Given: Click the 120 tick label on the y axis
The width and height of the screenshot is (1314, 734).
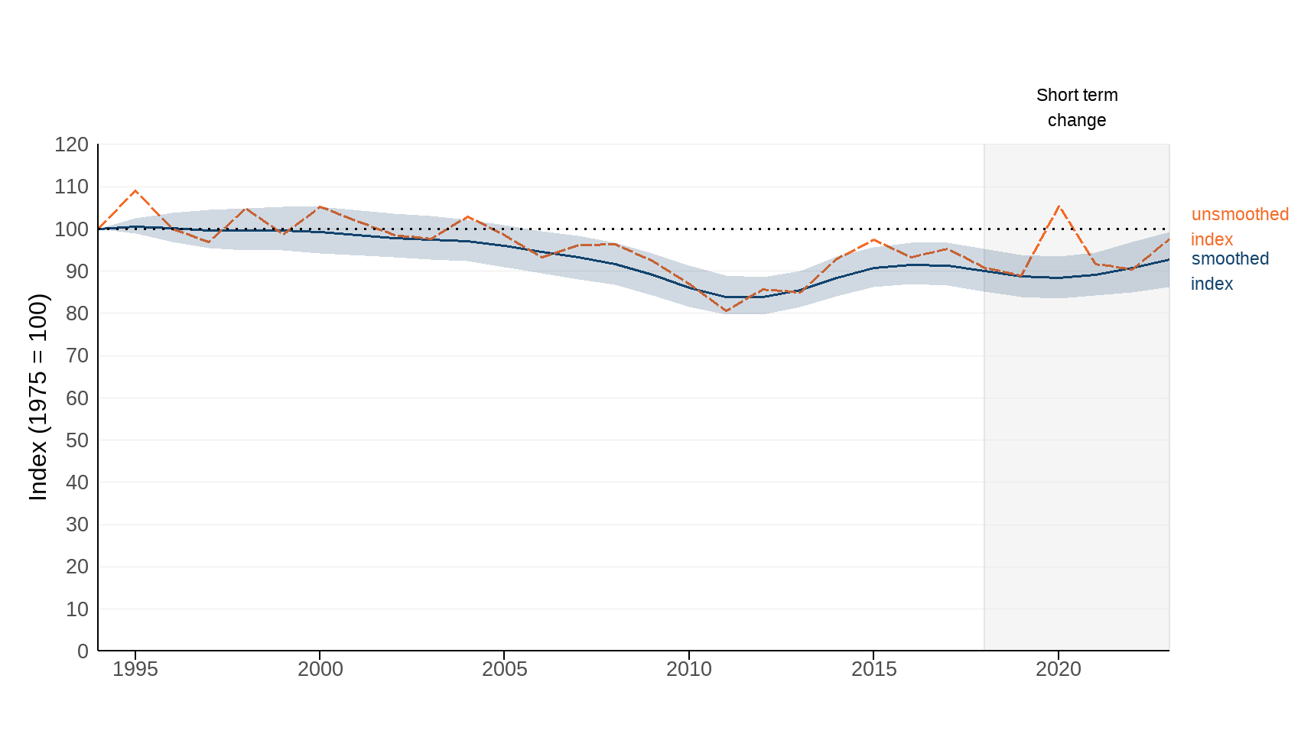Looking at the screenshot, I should (x=71, y=145).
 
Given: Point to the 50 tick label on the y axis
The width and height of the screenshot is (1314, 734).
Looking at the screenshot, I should (x=76, y=440).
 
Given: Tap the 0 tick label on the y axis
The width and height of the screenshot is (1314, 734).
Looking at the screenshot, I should (x=83, y=651).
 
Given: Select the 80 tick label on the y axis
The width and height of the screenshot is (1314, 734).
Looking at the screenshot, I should (x=76, y=313).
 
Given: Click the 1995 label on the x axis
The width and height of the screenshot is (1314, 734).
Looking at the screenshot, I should (x=135, y=669).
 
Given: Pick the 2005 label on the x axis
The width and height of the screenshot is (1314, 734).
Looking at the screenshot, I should (x=504, y=669).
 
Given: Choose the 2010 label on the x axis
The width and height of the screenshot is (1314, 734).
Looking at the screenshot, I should (x=689, y=669).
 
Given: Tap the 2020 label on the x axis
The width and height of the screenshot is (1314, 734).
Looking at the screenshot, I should (x=1059, y=669).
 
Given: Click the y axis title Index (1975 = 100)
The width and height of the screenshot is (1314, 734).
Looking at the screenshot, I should (x=38, y=397).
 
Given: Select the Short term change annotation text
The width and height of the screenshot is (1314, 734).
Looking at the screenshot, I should (x=1077, y=108).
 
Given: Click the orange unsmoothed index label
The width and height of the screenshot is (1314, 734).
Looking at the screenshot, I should (x=1239, y=226).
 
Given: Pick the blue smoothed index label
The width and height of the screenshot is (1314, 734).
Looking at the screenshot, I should (x=1229, y=271).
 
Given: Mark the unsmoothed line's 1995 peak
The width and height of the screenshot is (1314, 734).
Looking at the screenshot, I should (x=135, y=191).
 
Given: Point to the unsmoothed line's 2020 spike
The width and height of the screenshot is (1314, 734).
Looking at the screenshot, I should (x=1059, y=206).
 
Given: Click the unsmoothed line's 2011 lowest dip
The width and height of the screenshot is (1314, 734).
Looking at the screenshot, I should (x=726, y=311).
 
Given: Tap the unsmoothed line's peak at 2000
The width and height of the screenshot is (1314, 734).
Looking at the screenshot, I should (x=320, y=206).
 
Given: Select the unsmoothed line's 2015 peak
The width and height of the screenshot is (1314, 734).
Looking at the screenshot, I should (x=873, y=240).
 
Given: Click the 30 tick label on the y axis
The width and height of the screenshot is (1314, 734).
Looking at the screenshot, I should (x=76, y=525).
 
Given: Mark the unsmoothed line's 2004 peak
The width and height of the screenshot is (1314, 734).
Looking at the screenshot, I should (x=467, y=216).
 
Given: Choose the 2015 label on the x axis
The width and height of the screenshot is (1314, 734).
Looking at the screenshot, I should (x=873, y=669).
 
